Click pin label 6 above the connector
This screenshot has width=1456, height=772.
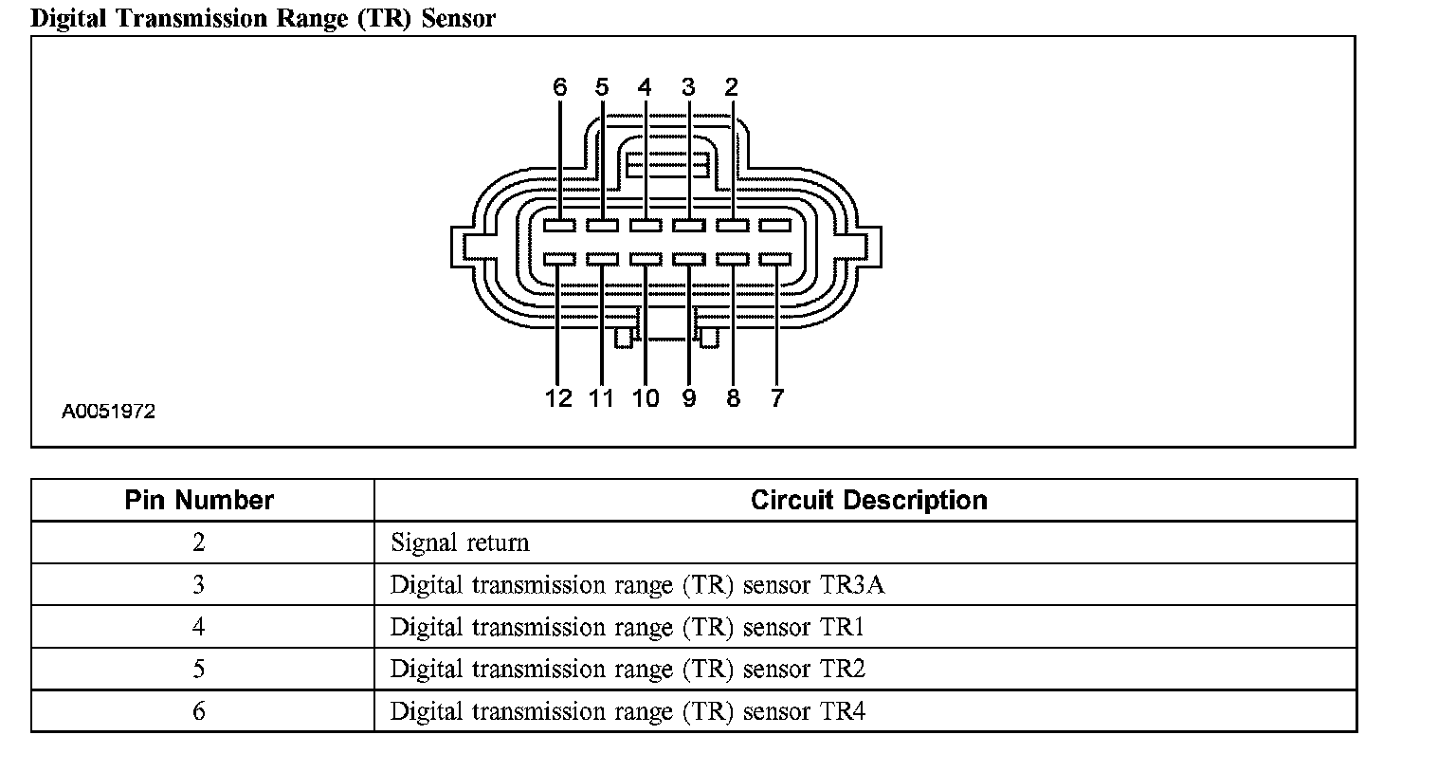pos(559,88)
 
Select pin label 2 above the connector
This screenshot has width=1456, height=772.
pos(731,88)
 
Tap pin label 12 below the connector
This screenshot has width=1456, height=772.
pos(558,398)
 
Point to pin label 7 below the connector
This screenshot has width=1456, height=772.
pos(776,398)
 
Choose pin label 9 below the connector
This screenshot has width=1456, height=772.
pos(689,398)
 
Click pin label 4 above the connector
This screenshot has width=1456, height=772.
pos(645,88)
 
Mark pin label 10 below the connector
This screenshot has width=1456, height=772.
pos(645,398)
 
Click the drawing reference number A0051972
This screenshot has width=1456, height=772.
pos(108,412)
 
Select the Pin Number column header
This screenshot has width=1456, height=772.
pos(199,500)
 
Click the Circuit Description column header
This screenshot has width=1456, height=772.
pos(868,500)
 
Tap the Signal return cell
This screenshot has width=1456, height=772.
pos(460,542)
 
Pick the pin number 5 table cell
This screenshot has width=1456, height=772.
pos(199,669)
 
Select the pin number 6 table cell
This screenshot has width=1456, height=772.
pos(199,711)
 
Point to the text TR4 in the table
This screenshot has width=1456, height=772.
pos(843,711)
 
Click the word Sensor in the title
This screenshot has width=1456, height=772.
pos(458,18)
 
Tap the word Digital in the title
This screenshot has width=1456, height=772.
pos(66,18)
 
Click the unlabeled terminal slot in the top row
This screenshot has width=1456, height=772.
pos(775,226)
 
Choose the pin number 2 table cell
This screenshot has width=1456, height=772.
pos(199,542)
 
